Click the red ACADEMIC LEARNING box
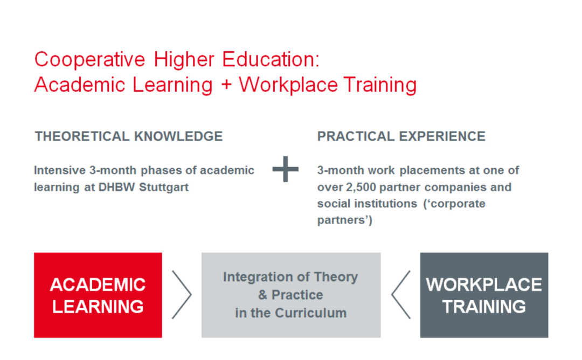click(98, 295)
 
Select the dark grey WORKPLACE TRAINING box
click(484, 295)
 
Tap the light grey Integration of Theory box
click(291, 295)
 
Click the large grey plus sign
click(286, 169)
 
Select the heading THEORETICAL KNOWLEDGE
click(129, 136)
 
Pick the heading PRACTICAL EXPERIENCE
click(401, 136)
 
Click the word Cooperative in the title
click(90, 59)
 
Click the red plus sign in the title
click(226, 85)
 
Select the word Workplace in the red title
click(288, 85)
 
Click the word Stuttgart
click(164, 187)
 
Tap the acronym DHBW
click(116, 187)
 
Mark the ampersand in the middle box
click(263, 295)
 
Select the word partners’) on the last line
click(345, 220)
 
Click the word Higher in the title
click(184, 60)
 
